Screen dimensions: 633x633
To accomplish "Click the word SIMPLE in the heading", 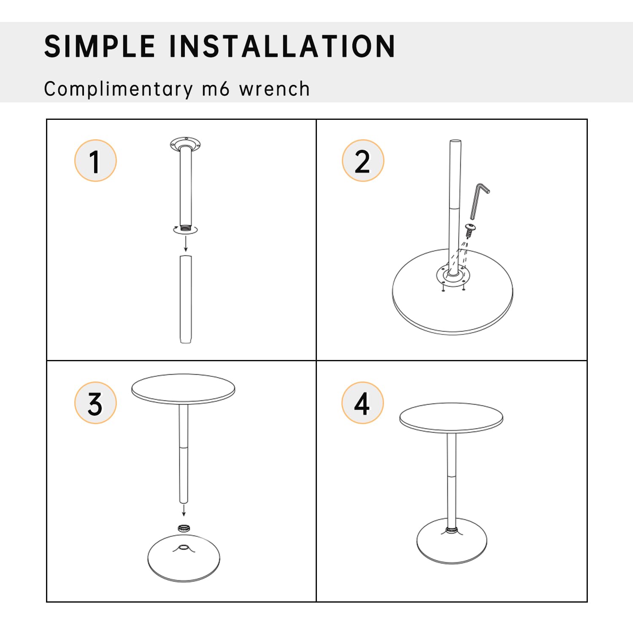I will [100, 46].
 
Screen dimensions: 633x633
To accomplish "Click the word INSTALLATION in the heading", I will [282, 46].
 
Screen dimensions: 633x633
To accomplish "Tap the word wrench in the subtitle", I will [274, 89].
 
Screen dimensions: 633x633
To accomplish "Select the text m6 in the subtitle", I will [216, 89].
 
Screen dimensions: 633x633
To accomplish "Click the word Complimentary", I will [118, 89].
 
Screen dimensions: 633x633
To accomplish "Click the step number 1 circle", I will [95, 161].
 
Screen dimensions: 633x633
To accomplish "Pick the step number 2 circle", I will [362, 161].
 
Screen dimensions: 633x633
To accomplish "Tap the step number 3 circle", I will [95, 403].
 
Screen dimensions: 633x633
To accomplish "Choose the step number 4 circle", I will [362, 403].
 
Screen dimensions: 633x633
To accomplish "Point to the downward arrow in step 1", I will [186, 244].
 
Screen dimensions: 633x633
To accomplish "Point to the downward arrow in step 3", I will [184, 511].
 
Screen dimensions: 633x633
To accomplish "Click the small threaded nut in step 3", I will [183, 528].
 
